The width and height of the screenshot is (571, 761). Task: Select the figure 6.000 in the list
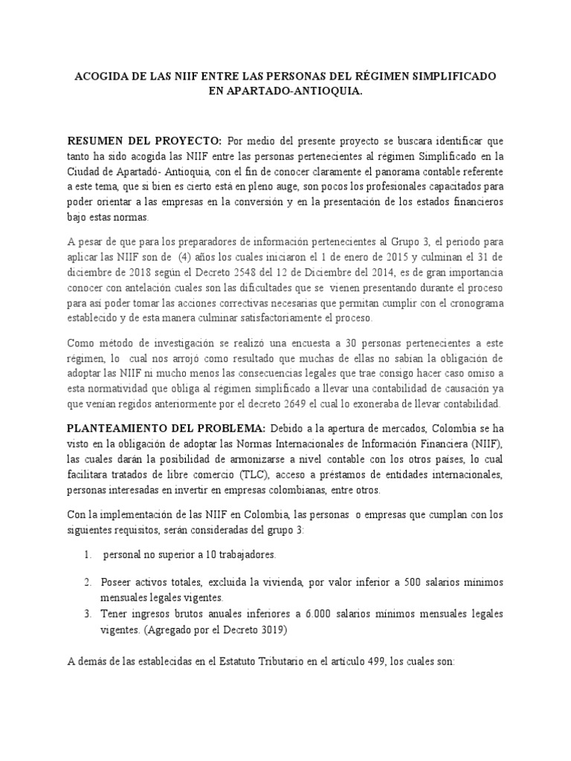(x=322, y=614)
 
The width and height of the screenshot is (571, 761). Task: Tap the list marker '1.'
(x=88, y=555)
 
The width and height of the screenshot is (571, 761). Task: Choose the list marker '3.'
(x=88, y=614)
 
